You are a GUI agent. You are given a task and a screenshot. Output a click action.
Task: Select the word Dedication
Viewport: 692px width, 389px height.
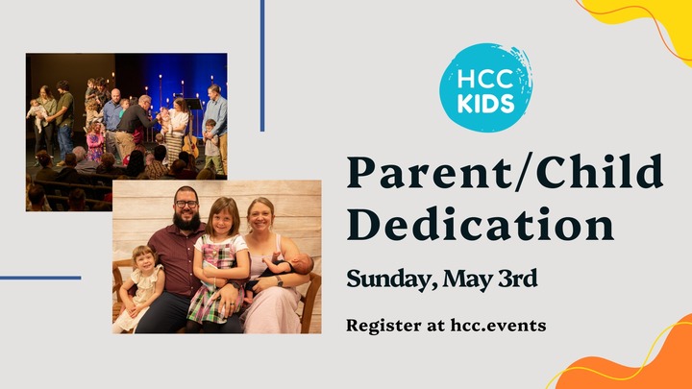(x=481, y=226)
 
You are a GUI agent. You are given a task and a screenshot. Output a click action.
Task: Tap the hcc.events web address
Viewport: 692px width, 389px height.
(x=499, y=326)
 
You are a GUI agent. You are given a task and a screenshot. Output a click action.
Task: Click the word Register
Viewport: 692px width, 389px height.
(x=382, y=326)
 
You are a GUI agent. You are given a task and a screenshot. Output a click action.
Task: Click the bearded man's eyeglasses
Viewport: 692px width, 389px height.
(x=185, y=204)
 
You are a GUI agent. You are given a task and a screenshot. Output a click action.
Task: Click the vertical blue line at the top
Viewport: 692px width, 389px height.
(x=262, y=65)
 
